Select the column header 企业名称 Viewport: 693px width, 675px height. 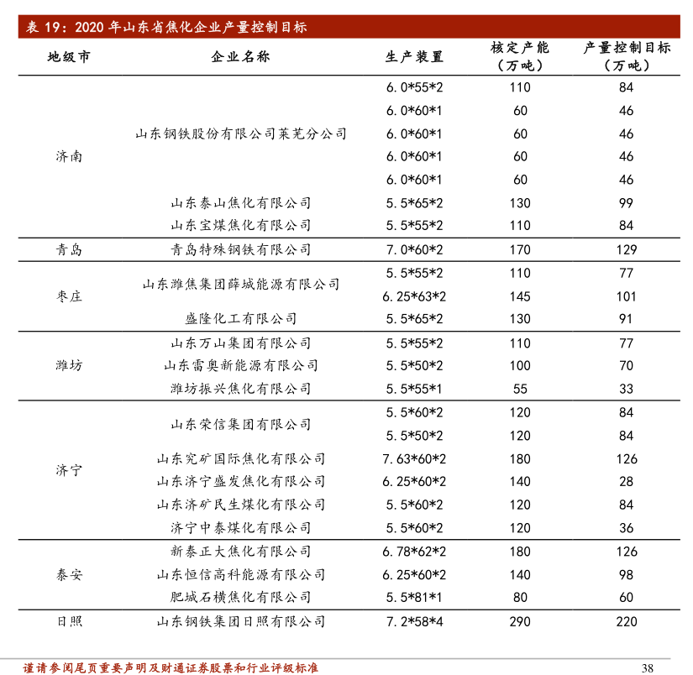pos(240,56)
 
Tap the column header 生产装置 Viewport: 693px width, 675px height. pos(414,56)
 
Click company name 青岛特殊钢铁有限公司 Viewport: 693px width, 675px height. pos(240,249)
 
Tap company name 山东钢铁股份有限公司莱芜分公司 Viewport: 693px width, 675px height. pos(240,133)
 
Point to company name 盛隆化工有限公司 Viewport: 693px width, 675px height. pos(240,319)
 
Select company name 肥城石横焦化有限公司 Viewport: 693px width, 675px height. pos(240,598)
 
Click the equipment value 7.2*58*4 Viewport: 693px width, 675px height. pos(414,621)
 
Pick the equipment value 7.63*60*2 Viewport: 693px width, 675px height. pos(414,458)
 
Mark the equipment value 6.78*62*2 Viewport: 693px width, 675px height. pos(414,552)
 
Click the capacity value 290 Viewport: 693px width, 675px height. pos(520,621)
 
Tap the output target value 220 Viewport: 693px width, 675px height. pos(626,621)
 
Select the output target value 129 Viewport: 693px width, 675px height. pos(626,249)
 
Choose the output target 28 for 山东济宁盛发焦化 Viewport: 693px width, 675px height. pos(626,482)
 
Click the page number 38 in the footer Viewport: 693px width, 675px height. pos(647,667)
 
